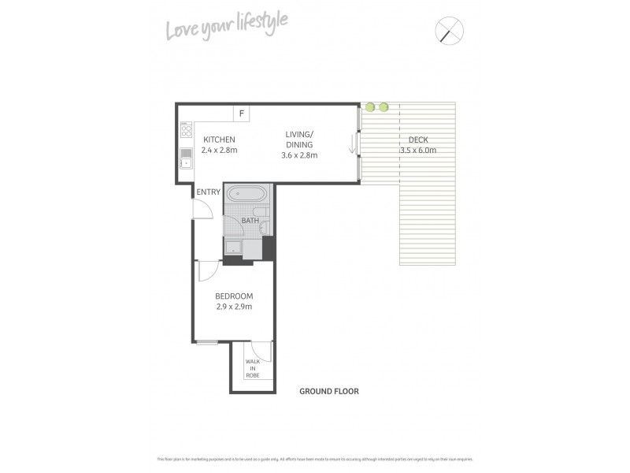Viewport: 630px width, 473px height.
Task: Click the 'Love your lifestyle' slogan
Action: click(226, 28)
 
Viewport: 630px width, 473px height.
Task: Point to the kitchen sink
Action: click(186, 158)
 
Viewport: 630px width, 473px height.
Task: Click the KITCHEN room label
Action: click(219, 140)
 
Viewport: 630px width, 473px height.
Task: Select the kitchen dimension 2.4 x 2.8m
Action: click(220, 150)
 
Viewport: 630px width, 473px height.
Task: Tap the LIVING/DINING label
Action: click(299, 140)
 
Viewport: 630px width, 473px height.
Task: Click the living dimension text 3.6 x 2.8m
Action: click(299, 155)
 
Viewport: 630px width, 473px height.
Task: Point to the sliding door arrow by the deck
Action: click(352, 144)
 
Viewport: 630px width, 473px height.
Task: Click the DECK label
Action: click(417, 140)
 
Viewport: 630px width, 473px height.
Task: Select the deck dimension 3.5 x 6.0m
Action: click(417, 150)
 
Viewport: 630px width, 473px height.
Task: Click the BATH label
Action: click(250, 221)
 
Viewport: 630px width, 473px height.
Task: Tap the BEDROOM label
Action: click(234, 296)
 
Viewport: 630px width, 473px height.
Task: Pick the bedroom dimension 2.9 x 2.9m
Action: click(234, 307)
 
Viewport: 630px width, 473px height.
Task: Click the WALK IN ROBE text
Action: click(253, 368)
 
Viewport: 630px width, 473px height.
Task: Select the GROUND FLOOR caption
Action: click(329, 391)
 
